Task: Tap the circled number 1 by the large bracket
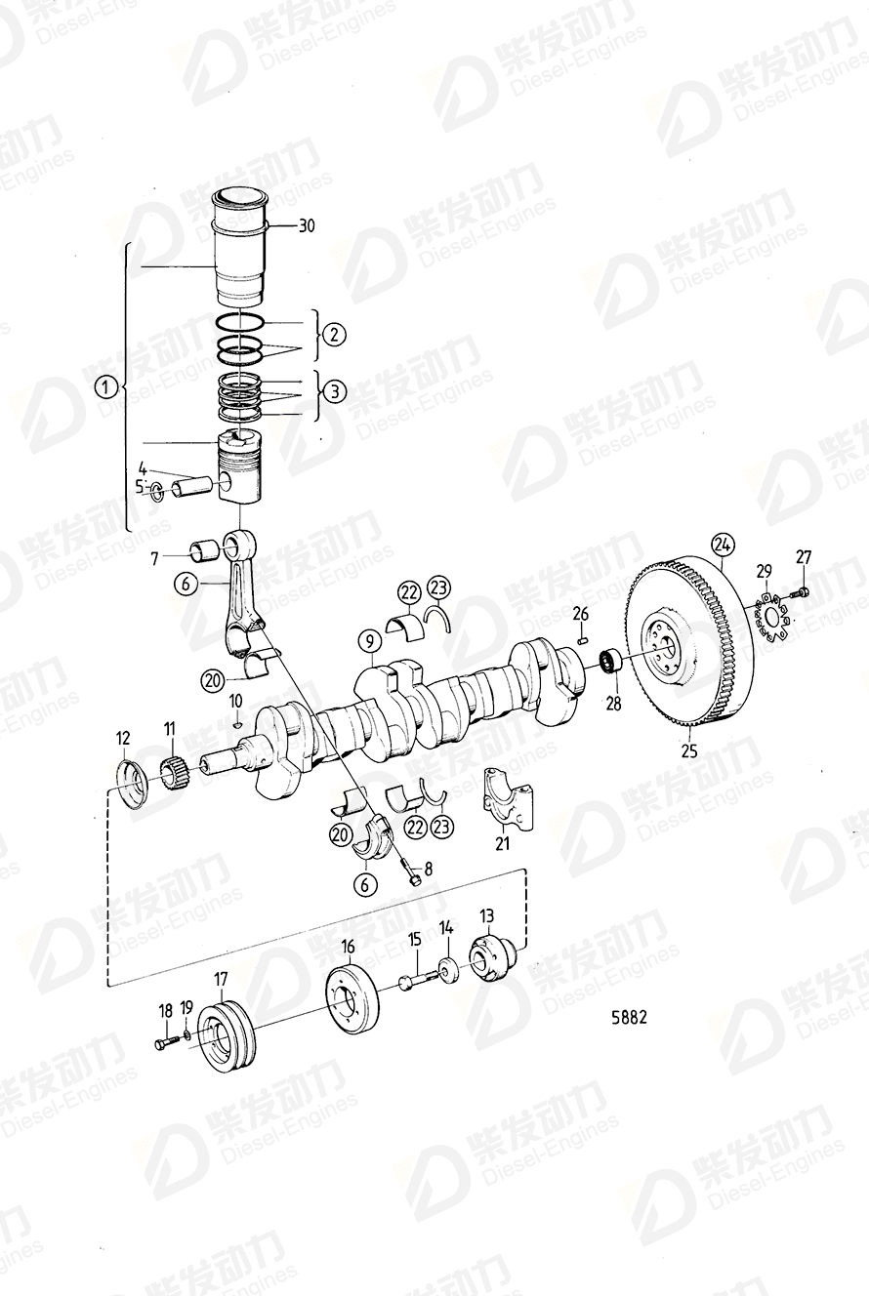(105, 388)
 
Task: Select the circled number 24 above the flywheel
(722, 543)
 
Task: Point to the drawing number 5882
(629, 1017)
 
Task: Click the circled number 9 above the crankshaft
(368, 641)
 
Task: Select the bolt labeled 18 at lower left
(163, 1044)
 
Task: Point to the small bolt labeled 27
(801, 591)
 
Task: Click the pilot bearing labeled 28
(613, 663)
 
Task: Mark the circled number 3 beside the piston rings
(335, 391)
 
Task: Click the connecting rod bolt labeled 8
(413, 874)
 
